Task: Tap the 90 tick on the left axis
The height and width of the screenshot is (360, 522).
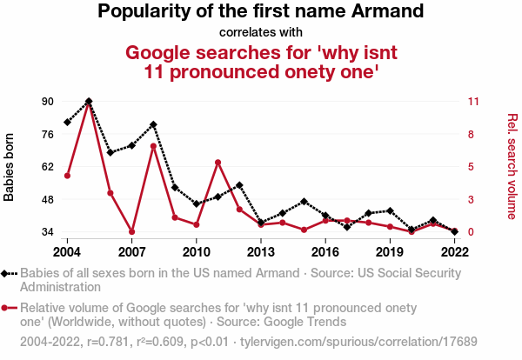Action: click(48, 101)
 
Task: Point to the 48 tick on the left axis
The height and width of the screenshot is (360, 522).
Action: click(48, 199)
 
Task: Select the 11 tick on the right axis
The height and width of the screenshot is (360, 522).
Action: click(474, 101)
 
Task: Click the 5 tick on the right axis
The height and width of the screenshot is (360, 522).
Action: click(471, 167)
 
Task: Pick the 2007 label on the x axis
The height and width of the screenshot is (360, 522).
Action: click(131, 252)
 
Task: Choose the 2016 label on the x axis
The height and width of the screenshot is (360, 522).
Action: click(325, 252)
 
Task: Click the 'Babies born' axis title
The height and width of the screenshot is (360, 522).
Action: click(10, 167)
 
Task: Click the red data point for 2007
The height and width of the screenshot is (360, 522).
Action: click(131, 231)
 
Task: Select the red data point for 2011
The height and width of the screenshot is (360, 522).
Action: click(217, 162)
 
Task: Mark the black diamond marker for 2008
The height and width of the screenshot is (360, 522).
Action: click(153, 124)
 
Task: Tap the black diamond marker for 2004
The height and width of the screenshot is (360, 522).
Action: click(67, 123)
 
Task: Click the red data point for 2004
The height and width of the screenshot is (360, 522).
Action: click(67, 176)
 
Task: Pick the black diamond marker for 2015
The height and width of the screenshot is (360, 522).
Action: click(304, 201)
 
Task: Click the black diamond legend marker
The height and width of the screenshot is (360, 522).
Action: click(6, 273)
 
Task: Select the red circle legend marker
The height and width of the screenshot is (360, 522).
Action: click(6, 307)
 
